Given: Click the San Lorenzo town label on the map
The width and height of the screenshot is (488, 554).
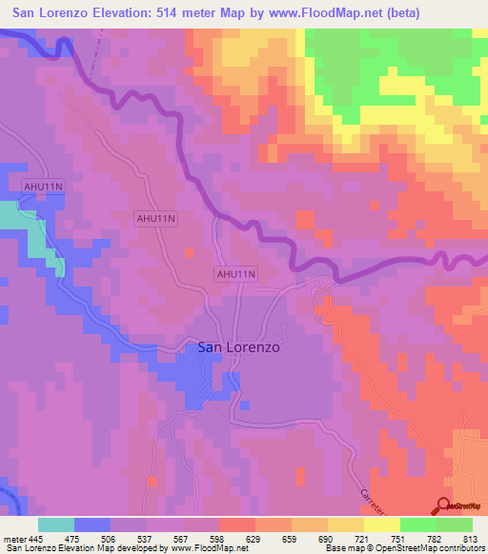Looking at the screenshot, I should click(238, 347).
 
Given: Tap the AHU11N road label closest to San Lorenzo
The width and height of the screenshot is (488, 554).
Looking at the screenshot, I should click(234, 274).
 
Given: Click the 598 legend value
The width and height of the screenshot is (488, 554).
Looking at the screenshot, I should click(219, 539).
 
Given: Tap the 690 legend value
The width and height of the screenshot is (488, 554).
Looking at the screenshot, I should click(328, 539).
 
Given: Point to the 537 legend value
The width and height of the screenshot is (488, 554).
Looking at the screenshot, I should click(147, 539).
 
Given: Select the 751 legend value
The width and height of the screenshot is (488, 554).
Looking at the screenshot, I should click(400, 539).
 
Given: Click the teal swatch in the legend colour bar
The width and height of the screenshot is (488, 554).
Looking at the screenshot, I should click(56, 524).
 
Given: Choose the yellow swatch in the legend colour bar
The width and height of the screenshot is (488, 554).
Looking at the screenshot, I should click(381, 524).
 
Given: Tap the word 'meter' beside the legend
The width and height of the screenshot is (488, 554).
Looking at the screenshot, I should click(13, 539).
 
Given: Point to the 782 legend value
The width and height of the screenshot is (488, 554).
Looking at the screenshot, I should click(437, 539).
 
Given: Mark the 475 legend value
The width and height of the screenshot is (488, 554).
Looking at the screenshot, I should click(74, 539).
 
